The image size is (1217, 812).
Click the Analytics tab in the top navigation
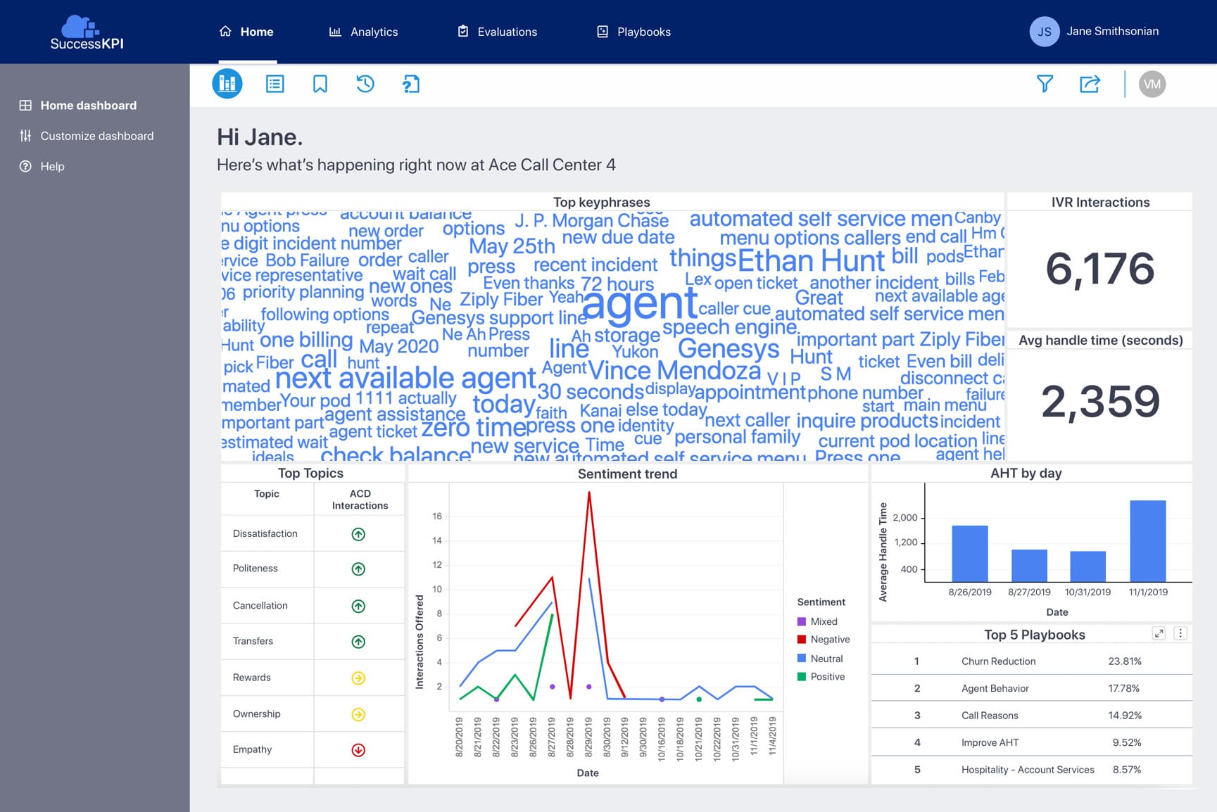364,32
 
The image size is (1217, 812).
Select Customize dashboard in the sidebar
96,136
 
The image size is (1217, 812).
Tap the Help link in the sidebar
52,166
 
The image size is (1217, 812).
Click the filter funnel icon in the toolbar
1045,84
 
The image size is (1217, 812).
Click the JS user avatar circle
1045,32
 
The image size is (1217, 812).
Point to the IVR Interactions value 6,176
1099,269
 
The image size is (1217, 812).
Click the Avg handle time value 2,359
1099,401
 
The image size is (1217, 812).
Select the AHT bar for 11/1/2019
1147,540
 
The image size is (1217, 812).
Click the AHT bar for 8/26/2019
969,553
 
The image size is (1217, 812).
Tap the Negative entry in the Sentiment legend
830,640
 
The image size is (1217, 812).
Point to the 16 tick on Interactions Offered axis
437,516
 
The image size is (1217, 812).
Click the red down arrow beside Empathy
358,750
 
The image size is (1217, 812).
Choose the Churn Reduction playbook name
998,661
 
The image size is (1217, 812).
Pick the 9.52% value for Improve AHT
1126,742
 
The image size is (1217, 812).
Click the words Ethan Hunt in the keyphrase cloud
811,261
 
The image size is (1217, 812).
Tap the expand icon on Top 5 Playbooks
1159,633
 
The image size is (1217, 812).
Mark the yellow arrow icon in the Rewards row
358,678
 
